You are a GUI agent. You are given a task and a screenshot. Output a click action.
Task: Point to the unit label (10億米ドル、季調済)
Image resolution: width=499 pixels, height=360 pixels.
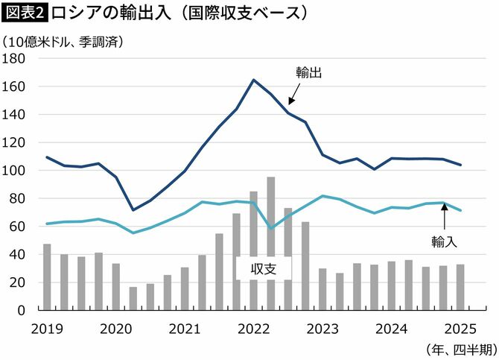coord(63,42)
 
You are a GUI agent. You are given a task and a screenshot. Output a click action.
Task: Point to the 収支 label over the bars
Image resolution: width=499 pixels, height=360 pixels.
coord(264,268)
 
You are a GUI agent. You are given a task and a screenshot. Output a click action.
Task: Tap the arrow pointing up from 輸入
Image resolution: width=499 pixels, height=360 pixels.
coord(444,218)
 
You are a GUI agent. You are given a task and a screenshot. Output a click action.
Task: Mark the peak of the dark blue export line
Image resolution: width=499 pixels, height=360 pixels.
coord(254,80)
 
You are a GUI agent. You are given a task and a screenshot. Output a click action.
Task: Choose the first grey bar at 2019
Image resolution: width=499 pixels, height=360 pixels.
coord(47,277)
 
